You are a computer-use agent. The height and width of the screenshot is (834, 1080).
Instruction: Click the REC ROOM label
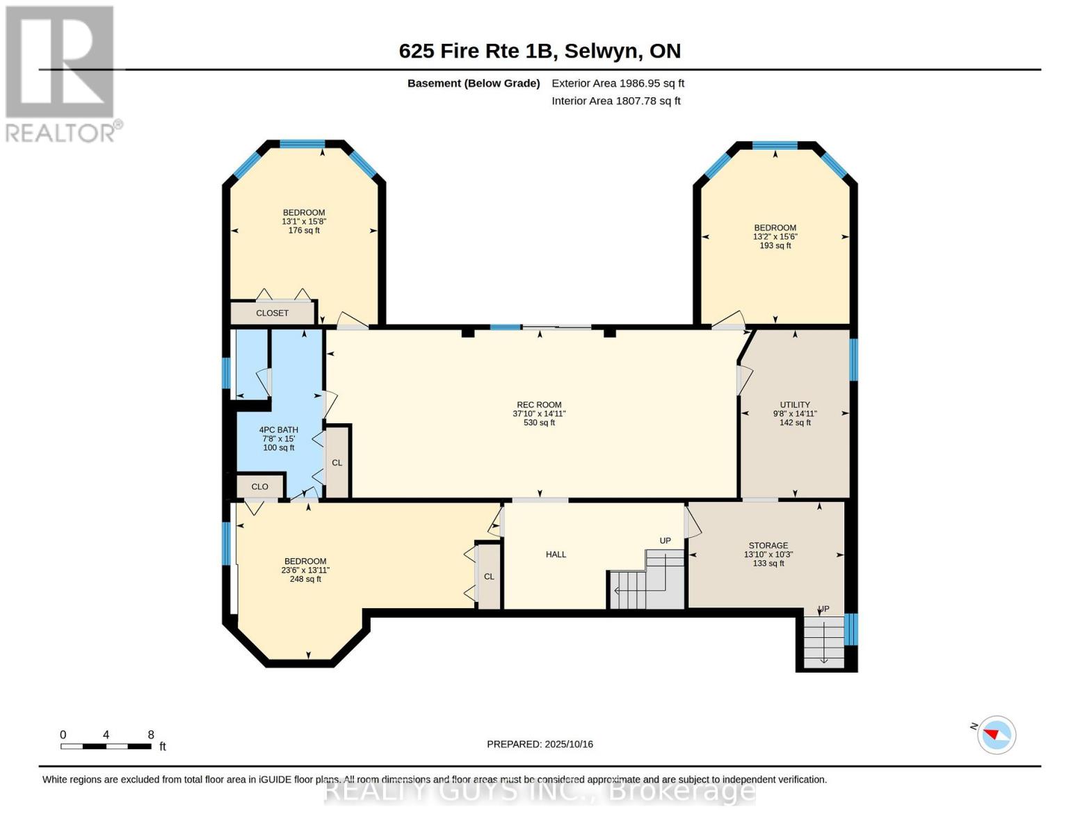(x=539, y=404)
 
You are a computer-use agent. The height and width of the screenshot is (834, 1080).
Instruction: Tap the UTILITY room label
(x=795, y=404)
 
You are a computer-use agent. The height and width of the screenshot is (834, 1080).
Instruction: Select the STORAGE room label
(x=768, y=546)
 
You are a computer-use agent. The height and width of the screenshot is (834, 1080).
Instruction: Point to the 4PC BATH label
(x=278, y=430)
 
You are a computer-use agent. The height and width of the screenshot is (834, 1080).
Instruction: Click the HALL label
(x=556, y=555)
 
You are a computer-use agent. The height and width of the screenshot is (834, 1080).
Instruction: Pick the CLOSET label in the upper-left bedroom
(x=272, y=313)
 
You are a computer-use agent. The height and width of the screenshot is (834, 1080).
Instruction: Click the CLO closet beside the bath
(x=259, y=486)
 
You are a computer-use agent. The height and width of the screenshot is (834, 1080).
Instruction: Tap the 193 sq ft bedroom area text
(x=775, y=245)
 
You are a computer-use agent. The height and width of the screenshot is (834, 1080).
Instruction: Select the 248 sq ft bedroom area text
(x=305, y=579)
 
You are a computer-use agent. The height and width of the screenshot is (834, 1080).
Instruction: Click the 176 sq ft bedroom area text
(x=304, y=230)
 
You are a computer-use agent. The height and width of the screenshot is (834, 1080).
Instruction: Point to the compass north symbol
(x=996, y=734)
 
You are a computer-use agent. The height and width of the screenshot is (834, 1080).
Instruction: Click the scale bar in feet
(x=106, y=746)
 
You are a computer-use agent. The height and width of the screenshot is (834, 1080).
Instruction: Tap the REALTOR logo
(x=61, y=73)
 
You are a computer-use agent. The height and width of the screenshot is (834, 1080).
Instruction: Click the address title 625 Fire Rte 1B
(x=540, y=51)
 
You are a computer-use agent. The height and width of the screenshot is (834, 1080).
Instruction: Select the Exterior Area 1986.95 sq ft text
(x=618, y=83)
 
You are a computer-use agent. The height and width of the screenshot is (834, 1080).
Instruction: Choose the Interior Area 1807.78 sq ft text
(x=615, y=101)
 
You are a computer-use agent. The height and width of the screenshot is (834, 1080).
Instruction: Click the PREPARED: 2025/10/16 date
(x=540, y=744)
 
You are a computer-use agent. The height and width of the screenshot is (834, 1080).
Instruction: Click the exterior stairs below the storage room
(x=823, y=641)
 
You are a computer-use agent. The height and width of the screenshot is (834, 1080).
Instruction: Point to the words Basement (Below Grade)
(x=474, y=83)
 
